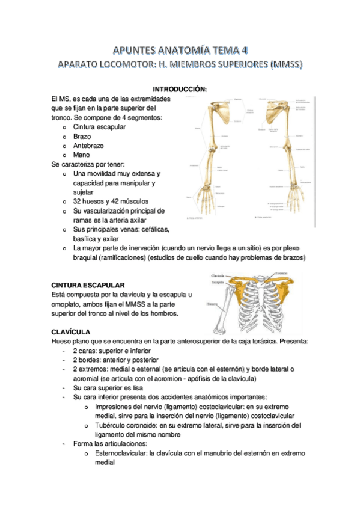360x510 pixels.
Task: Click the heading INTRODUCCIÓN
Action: pyautogui.click(x=180, y=89)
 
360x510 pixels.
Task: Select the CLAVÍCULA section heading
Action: pyautogui.click(x=71, y=331)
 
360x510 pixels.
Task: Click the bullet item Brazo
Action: pyautogui.click(x=82, y=137)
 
